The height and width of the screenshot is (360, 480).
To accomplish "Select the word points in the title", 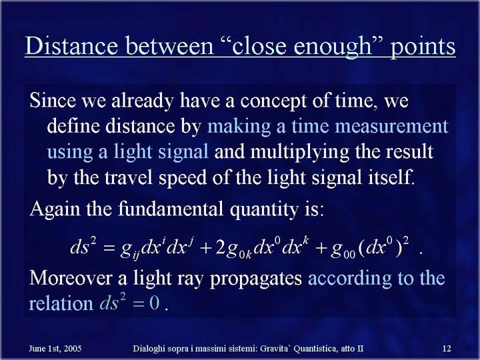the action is point(423,47).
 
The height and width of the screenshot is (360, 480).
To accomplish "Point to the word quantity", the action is point(264,210).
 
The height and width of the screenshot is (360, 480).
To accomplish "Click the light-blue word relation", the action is point(61,304).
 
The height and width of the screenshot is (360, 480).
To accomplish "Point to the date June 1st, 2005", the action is point(55,349).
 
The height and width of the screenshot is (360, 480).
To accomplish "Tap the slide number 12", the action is point(447,349).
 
